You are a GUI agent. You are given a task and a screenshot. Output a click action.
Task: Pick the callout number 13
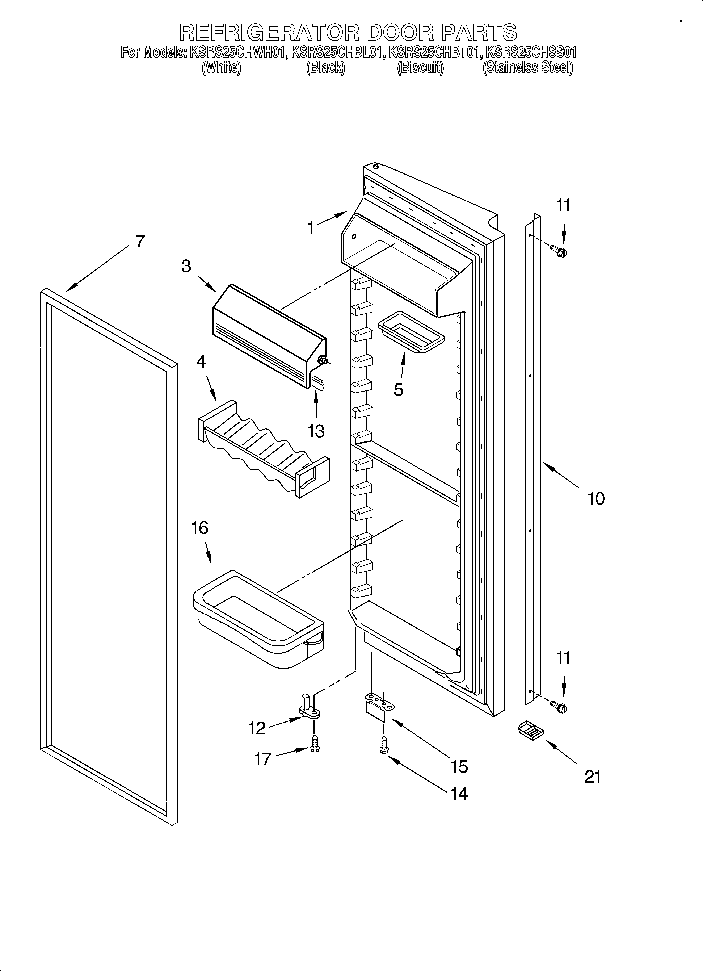(316, 431)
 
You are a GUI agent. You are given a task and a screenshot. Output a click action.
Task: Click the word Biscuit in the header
(420, 68)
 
